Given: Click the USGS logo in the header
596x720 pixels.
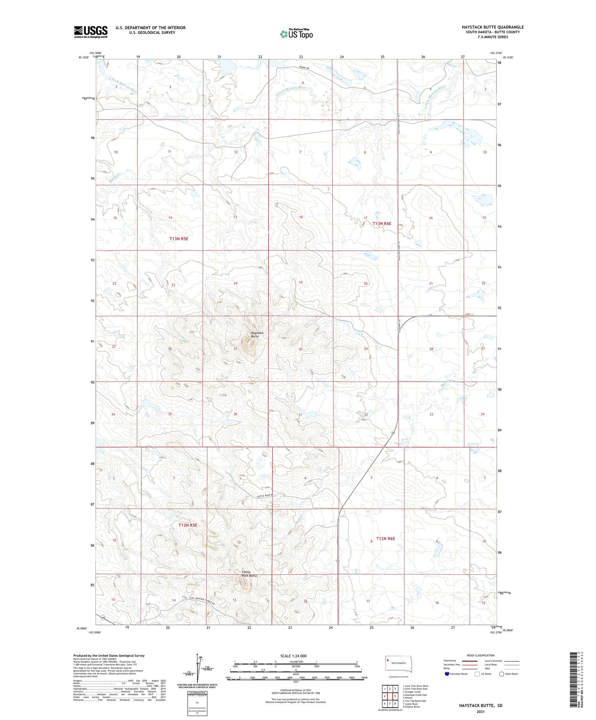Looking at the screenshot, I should pos(90,32).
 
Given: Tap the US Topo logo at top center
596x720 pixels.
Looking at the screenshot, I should pos(296,33).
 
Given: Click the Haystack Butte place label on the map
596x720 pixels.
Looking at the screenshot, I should pos(254,334).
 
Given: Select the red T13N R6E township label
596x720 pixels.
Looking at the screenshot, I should pos(382,224).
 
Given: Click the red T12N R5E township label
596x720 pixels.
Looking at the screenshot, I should pos(188,525).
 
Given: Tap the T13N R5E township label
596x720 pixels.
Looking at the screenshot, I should pos(179,239).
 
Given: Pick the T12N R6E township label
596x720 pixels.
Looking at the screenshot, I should pos(385,539).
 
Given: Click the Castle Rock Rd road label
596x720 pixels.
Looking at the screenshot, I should pos(265,495).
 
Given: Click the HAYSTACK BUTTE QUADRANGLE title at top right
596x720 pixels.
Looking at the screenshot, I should pos(492,27).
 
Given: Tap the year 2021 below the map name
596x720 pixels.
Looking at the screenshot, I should pos(480,711).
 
